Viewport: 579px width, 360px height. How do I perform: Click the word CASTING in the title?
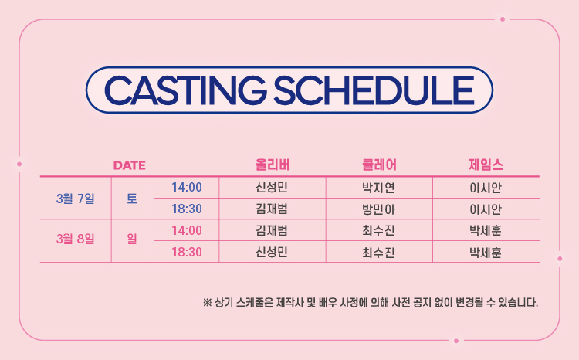[x=185, y=90]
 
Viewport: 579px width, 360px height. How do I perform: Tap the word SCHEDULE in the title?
[x=374, y=90]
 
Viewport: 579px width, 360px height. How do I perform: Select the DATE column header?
[x=129, y=165]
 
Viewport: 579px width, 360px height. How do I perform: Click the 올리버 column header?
[x=273, y=165]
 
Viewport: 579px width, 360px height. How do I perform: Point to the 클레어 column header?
[x=379, y=165]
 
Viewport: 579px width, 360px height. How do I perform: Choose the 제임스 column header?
[x=486, y=165]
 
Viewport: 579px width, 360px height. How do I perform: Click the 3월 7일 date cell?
[x=76, y=199]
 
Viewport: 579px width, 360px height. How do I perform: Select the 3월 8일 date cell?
[x=76, y=239]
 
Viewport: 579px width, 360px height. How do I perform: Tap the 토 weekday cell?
[x=132, y=199]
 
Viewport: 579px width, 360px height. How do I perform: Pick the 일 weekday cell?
[x=132, y=239]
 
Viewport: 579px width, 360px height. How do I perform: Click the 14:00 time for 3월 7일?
[x=187, y=188]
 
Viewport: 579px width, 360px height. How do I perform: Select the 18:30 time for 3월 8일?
[x=187, y=252]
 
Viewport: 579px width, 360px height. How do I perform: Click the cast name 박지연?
[x=379, y=188]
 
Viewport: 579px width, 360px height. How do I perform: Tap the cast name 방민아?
[x=379, y=209]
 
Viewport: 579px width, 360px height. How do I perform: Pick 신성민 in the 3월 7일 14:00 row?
[x=272, y=188]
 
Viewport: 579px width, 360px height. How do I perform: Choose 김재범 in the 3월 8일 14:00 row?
[x=272, y=230]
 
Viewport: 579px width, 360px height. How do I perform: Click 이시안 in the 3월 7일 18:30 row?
[x=486, y=209]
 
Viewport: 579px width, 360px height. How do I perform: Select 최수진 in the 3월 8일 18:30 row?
[x=379, y=253]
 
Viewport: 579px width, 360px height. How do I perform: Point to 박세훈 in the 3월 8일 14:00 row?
[x=486, y=231]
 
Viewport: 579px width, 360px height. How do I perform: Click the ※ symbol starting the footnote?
[x=207, y=303]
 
